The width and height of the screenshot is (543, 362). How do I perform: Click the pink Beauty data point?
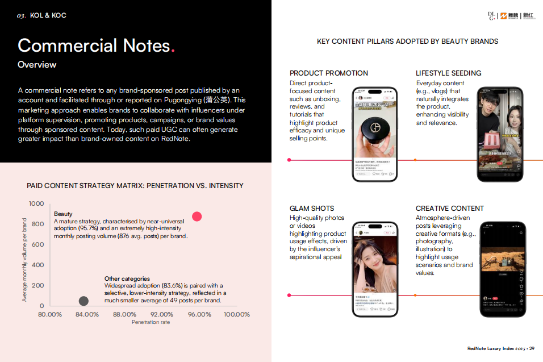point(197,217)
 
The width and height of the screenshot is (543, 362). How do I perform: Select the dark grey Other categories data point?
point(83,301)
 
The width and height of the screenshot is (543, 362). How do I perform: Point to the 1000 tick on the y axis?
point(36,203)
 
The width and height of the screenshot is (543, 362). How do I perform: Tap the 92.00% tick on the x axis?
point(161,314)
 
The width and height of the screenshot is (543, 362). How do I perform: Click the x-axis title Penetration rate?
point(151,322)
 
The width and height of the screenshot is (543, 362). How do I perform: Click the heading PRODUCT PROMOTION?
point(328,73)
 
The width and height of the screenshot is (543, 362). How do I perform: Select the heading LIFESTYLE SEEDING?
point(448,73)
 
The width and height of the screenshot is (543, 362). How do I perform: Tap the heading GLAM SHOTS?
point(312,209)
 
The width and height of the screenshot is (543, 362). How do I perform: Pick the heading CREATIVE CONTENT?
point(449,209)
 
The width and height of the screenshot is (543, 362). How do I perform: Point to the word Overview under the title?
point(37,65)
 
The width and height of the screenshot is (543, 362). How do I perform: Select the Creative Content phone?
point(500,269)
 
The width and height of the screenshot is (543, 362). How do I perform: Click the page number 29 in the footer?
point(532,348)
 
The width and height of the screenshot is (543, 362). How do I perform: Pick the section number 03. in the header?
point(22,15)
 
